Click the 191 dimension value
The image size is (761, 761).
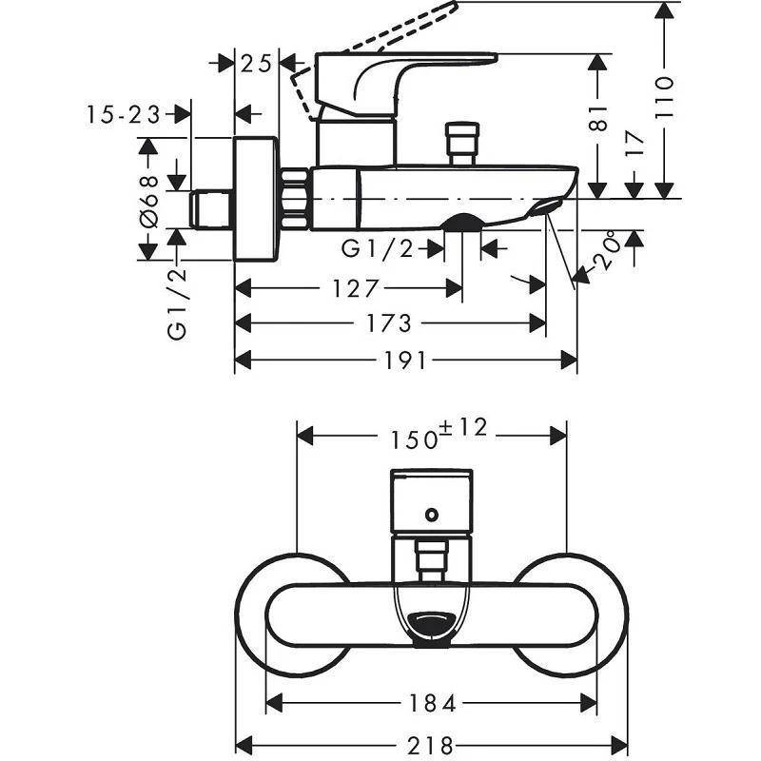tap(405, 361)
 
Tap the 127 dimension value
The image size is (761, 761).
tap(356, 287)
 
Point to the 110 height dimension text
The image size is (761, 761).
tap(664, 94)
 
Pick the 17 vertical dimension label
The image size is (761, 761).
tap(634, 143)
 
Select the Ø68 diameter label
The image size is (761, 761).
tap(148, 199)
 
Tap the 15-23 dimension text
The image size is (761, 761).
tap(123, 115)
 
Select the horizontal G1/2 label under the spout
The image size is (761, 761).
tap(378, 249)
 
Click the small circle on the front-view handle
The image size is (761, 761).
tap(432, 516)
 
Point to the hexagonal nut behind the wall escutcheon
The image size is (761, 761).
tap(296, 199)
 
